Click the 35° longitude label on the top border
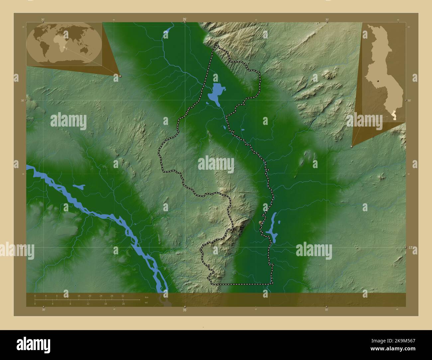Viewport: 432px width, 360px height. pyautogui.click(x=185, y=20)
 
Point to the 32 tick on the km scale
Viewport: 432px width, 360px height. pyautogui.click(x=123, y=296)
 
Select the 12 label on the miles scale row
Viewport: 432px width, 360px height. pyautogui.click(x=88, y=304)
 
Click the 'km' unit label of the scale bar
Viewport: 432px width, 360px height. pyautogui.click(x=147, y=297)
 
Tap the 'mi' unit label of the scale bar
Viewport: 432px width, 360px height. pyautogui.click(x=146, y=303)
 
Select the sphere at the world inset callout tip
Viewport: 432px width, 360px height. pyautogui.click(x=120, y=76)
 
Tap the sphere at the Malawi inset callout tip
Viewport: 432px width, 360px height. pyautogui.click(x=352, y=146)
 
